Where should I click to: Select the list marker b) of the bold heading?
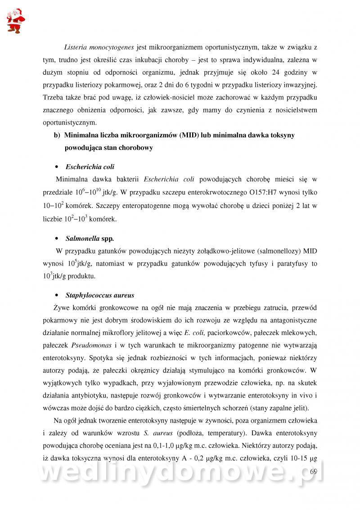[57, 135]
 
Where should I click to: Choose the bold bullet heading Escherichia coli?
[90, 167]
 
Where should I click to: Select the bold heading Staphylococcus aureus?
[100, 296]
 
